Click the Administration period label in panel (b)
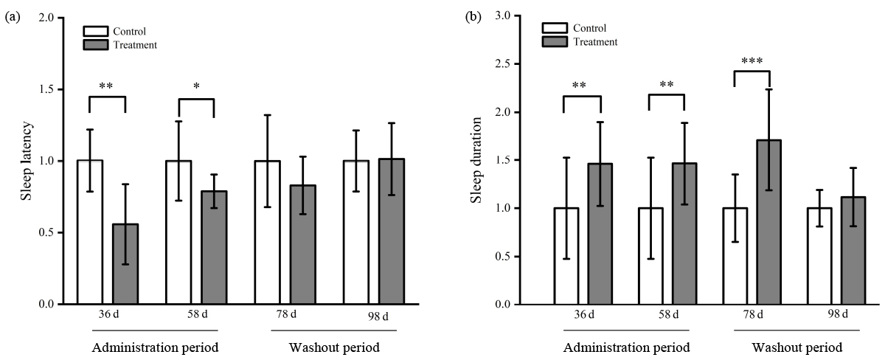click(x=627, y=347)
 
